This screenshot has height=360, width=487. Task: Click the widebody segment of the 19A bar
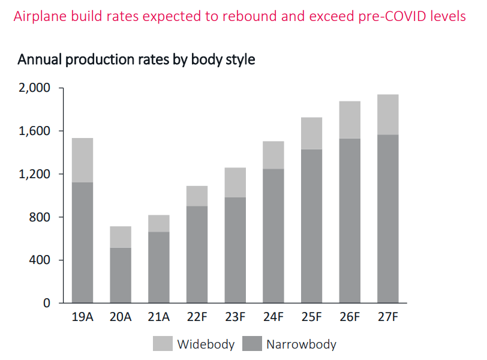click(x=82, y=160)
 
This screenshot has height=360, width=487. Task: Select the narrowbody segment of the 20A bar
click(x=120, y=275)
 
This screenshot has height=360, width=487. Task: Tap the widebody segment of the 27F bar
click(x=387, y=115)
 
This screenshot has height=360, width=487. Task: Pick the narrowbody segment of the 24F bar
click(x=273, y=236)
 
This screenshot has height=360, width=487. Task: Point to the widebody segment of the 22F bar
click(x=197, y=196)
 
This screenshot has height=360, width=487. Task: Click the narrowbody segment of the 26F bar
click(x=350, y=221)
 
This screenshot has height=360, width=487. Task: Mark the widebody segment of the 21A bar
click(x=158, y=224)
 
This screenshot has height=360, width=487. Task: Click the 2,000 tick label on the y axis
click(x=35, y=88)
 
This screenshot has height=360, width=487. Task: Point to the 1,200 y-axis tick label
click(x=35, y=174)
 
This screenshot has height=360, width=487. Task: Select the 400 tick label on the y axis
click(x=40, y=260)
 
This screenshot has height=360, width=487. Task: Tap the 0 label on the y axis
click(x=47, y=303)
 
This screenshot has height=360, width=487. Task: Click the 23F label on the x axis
click(x=235, y=317)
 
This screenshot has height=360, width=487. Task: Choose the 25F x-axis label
click(x=311, y=317)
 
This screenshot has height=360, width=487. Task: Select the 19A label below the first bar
click(x=82, y=317)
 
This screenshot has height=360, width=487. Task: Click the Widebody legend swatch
click(x=162, y=344)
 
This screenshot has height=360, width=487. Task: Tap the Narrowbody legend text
click(x=301, y=344)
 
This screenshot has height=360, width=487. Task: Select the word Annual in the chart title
click(x=40, y=60)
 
